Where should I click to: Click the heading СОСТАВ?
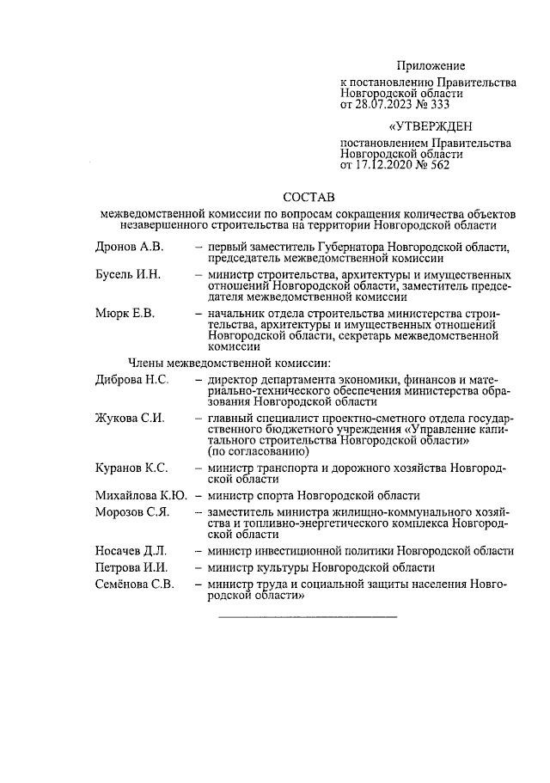coord(310,197)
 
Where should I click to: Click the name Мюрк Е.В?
coord(125,314)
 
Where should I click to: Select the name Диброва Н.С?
coord(131,379)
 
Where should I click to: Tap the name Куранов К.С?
coord(131,468)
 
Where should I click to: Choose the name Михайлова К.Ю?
coord(141,496)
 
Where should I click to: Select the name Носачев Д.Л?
coord(131,551)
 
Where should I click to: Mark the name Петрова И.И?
coord(131,568)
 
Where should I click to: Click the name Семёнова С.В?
coord(135,585)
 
